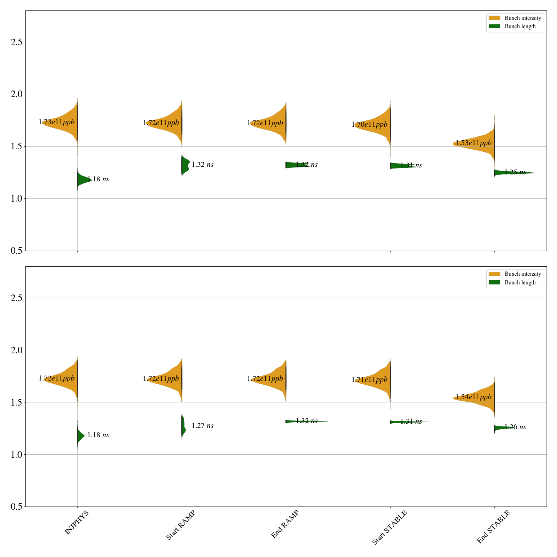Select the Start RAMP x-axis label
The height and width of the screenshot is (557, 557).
point(180,525)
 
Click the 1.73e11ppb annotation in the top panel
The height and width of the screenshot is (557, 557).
point(56,122)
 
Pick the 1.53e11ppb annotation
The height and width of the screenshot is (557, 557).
point(473,143)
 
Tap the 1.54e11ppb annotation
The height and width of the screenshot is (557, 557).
point(473,397)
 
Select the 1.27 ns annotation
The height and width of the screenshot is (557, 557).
point(202,425)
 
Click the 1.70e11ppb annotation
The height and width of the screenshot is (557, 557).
point(369,125)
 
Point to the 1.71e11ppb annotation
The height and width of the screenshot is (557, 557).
point(369,380)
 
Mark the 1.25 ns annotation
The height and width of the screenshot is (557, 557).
point(515,172)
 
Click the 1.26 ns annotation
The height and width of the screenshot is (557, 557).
point(515,427)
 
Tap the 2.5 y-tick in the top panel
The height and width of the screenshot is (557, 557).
point(16,42)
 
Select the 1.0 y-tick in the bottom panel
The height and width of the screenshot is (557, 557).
point(16,455)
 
